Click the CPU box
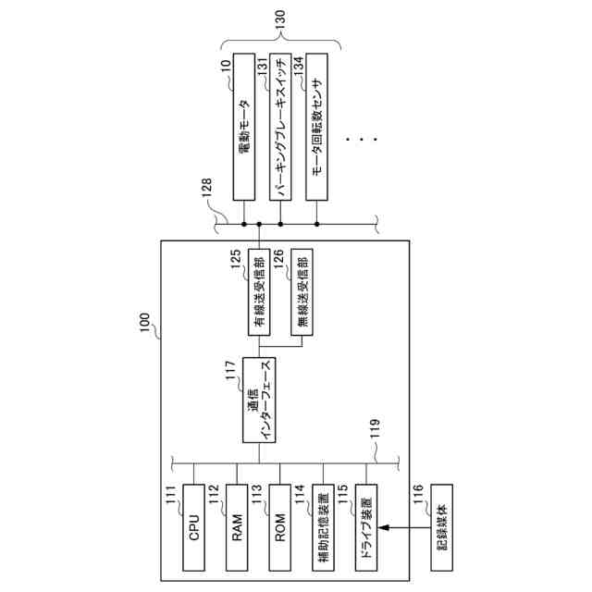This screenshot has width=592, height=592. (194, 526)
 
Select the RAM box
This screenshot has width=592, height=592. (238, 526)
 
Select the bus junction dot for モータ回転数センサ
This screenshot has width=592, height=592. (317, 223)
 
